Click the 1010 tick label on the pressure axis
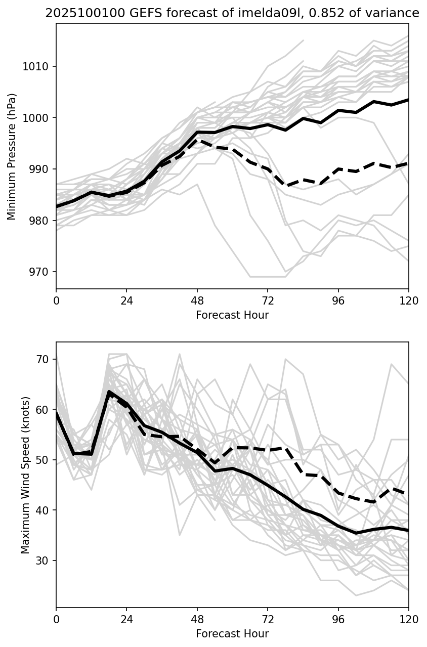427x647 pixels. coord(40,66)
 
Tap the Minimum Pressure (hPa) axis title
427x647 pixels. coord(12,156)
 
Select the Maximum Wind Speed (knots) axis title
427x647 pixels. coord(25,475)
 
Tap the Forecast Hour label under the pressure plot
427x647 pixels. coord(232,315)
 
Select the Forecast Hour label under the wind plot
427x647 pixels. coord(232,634)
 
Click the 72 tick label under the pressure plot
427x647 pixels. coord(268,300)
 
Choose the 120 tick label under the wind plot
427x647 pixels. coord(409,619)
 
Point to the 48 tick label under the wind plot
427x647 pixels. coord(197,619)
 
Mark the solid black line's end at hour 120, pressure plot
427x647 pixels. coord(408,100)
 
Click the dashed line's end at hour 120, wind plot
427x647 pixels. coord(408,494)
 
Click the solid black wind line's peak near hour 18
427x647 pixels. coord(109,392)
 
